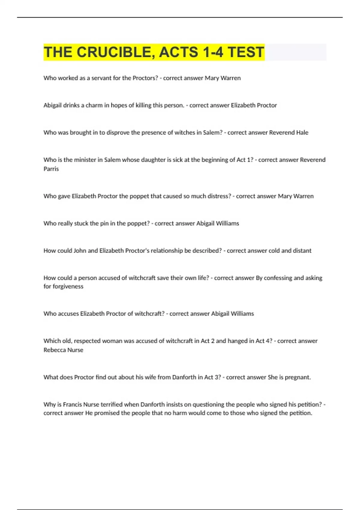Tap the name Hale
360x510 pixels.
pyautogui.click(x=302, y=133)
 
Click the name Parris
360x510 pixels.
pyautogui.click(x=51, y=169)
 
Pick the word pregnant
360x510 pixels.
pyautogui.click(x=298, y=377)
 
